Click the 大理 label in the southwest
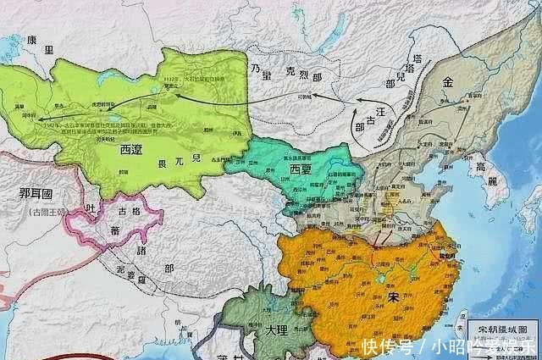[x=269, y=329]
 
